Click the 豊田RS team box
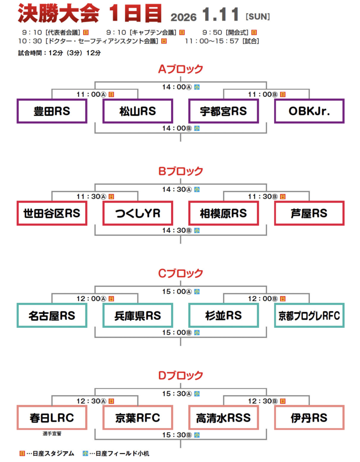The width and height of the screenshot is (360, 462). [x=52, y=111]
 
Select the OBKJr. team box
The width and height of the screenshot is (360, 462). [x=309, y=111]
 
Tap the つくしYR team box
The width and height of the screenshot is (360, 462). [x=138, y=213]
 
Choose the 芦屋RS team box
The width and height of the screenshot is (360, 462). [x=309, y=213]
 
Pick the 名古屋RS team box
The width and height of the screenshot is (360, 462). [x=52, y=315]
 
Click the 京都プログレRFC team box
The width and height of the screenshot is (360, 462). [x=309, y=315]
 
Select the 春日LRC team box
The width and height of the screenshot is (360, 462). [x=52, y=418]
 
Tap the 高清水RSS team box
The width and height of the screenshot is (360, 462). [x=224, y=418]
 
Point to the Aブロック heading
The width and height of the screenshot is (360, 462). [x=180, y=69]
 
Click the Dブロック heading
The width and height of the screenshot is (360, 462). [x=180, y=375]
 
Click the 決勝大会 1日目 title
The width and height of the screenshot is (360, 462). [x=90, y=14]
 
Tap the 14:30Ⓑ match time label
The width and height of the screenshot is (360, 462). [x=177, y=230]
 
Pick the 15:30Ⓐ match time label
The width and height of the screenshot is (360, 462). [x=177, y=393]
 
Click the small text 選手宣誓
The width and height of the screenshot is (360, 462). [x=52, y=434]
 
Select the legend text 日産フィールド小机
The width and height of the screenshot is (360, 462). [x=119, y=453]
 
